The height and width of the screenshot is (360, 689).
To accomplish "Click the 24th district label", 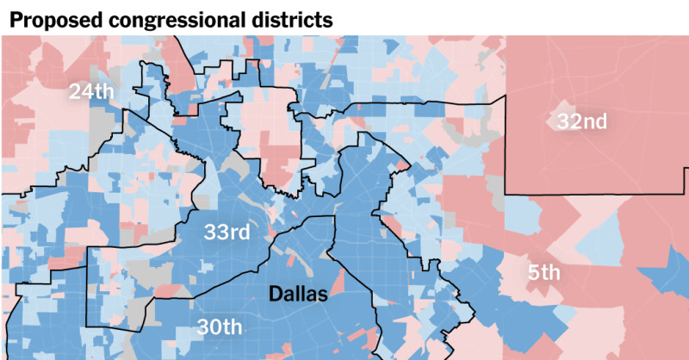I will pyautogui.click(x=93, y=90).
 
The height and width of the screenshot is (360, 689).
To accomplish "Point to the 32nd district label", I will pyautogui.click(x=581, y=121).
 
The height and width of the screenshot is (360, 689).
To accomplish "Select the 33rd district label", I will pyautogui.click(x=227, y=232).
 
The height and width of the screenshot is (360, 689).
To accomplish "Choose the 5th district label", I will pyautogui.click(x=544, y=273).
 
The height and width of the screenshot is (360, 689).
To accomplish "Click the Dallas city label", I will pyautogui.click(x=298, y=294).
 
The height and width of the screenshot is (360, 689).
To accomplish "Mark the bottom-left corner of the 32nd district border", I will pyautogui.click(x=505, y=194).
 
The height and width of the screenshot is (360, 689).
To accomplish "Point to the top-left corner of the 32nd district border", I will pyautogui.click(x=506, y=96).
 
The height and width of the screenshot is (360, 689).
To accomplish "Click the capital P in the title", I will pyautogui.click(x=15, y=19).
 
